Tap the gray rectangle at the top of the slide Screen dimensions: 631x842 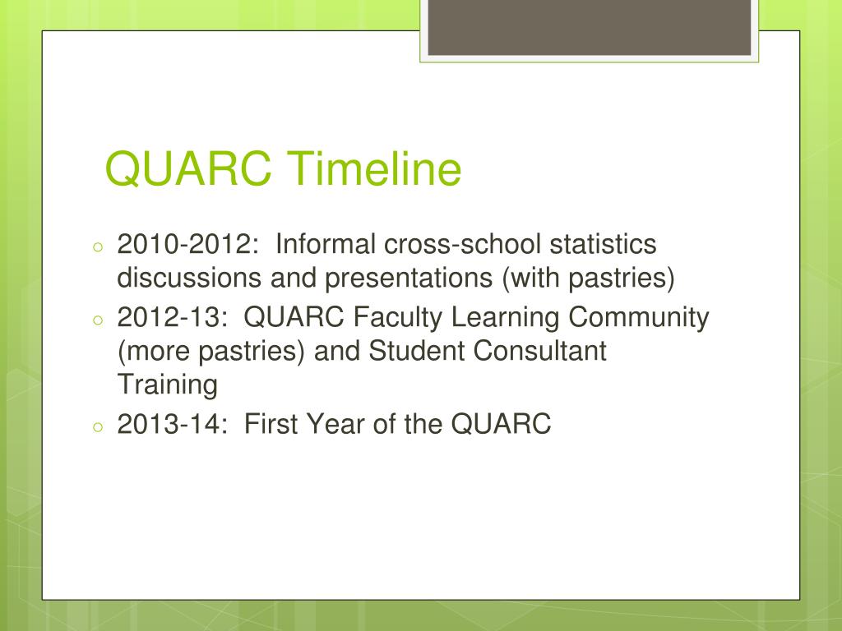pos(588,28)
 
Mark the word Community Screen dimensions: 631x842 pos(645,317)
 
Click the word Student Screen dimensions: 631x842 pos(415,351)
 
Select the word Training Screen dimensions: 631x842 pos(168,385)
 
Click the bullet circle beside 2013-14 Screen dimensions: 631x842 pos(97,426)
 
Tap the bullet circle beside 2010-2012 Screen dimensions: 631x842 pos(97,247)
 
